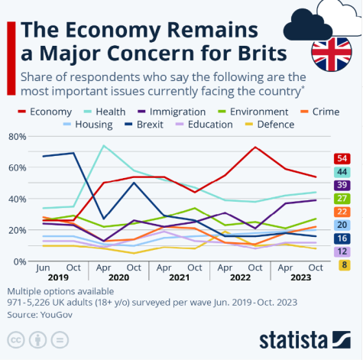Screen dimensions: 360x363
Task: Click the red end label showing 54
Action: click(342, 158)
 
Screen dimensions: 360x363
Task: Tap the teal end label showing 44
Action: click(342, 172)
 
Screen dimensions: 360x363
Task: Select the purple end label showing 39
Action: click(342, 185)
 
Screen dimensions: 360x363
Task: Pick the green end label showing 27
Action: click(342, 199)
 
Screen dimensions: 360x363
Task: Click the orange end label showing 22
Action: click(342, 212)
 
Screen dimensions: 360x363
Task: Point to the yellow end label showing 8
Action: click(342, 265)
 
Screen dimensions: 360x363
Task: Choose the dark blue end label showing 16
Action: click(342, 238)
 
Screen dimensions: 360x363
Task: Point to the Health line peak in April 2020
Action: click(103, 145)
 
